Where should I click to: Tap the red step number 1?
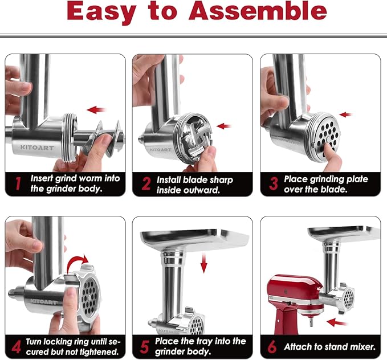[x=17, y=183]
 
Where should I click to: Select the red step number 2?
[x=146, y=184]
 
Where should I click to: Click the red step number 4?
[x=17, y=345]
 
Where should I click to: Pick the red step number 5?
[x=145, y=346]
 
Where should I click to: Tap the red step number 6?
[x=273, y=345]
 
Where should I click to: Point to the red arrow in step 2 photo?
[x=224, y=126]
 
